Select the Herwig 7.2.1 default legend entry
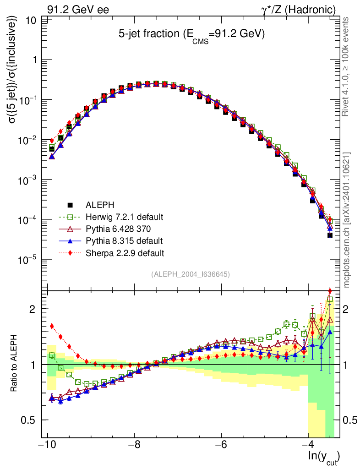(x=125, y=216)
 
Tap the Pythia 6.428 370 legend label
(x=118, y=228)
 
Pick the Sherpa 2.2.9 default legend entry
(x=125, y=252)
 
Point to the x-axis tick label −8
(x=133, y=445)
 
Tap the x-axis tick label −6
(x=221, y=445)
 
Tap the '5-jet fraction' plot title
(x=191, y=35)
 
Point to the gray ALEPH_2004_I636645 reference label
(x=190, y=274)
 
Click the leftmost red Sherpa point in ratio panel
(x=52, y=326)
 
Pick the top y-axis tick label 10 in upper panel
(x=32, y=20)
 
